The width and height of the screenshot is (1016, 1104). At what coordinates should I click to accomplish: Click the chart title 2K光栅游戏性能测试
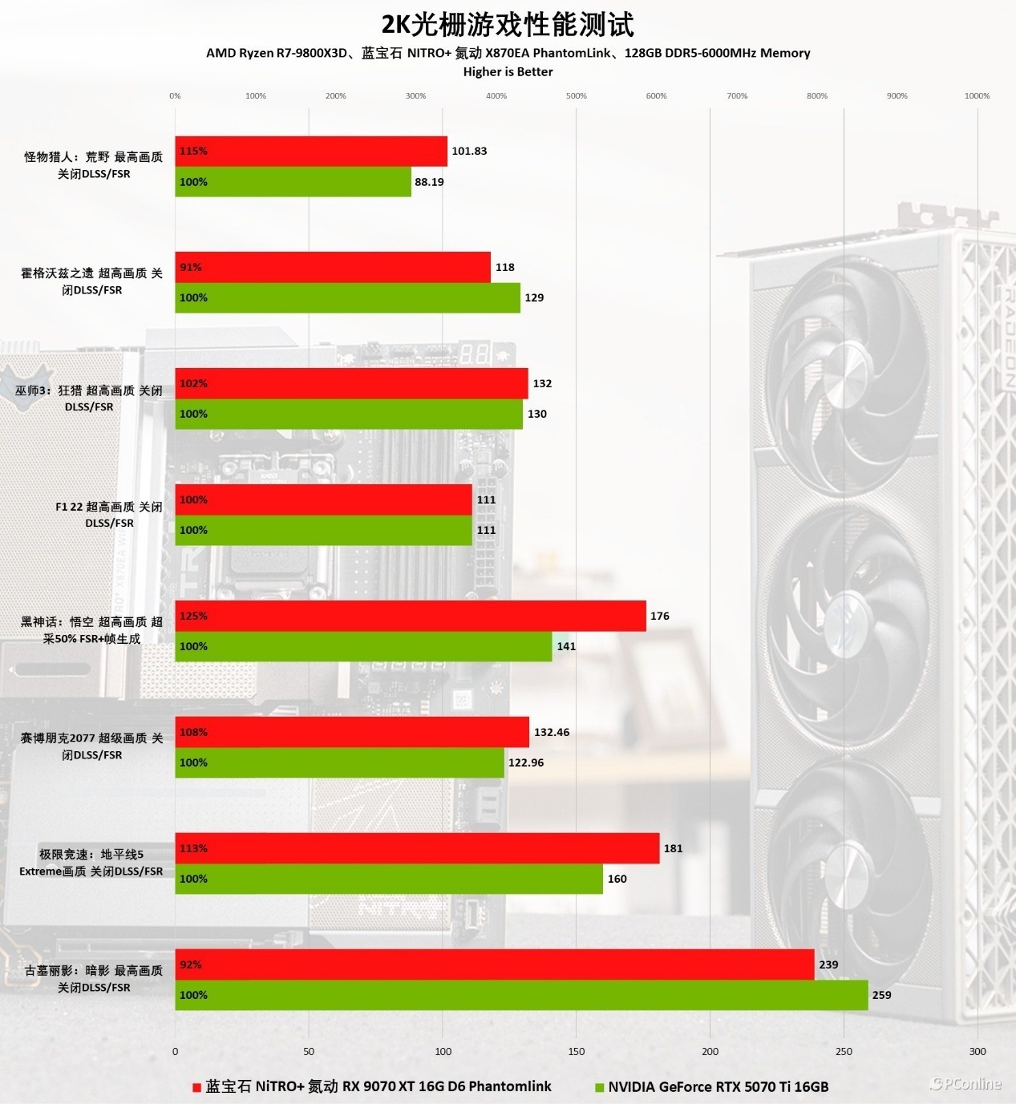click(x=508, y=25)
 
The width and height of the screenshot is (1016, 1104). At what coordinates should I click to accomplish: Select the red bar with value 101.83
click(x=311, y=151)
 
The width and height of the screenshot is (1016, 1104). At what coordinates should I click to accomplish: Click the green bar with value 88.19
click(x=293, y=182)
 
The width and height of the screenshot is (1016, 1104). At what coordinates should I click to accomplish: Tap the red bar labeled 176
click(x=411, y=616)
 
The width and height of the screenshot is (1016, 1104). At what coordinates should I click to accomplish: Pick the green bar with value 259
click(x=521, y=995)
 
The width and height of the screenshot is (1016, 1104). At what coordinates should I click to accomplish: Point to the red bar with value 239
click(x=495, y=964)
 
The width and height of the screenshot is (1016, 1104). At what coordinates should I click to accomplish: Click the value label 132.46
click(x=552, y=732)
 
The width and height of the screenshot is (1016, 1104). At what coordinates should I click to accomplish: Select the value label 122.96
click(x=526, y=762)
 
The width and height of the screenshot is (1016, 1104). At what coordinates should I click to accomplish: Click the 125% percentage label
click(x=193, y=616)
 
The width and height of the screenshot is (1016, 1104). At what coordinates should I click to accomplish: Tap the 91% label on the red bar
click(x=191, y=267)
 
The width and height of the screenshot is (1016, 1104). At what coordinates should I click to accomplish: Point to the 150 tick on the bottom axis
click(x=577, y=1051)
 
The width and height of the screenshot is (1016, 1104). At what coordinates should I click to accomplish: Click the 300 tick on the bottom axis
click(x=978, y=1051)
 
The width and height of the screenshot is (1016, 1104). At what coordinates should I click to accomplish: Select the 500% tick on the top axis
click(x=577, y=95)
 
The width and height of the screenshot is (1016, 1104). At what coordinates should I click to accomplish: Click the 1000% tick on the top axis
click(x=977, y=95)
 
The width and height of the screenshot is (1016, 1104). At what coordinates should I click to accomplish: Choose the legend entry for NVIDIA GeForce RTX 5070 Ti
click(x=718, y=1087)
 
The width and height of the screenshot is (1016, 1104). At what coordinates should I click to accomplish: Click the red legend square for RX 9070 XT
click(x=196, y=1088)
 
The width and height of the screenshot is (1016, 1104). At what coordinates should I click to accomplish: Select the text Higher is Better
click(x=508, y=71)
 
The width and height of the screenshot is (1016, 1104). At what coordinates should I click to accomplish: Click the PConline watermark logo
click(x=965, y=1084)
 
